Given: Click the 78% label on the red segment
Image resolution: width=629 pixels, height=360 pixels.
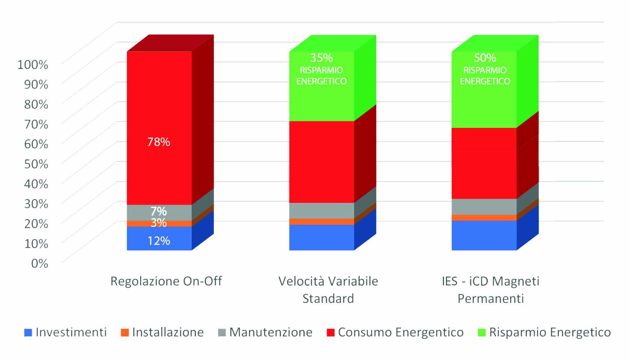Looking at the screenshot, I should [159, 142].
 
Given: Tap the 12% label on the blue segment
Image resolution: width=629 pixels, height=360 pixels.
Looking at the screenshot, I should [159, 241].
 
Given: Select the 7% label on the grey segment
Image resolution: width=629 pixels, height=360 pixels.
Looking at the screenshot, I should [159, 211].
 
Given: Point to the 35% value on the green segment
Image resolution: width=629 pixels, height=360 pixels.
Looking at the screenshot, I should [321, 58].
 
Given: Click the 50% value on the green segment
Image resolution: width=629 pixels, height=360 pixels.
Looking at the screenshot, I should [485, 58].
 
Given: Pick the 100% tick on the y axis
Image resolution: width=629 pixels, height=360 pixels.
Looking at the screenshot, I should [33, 65].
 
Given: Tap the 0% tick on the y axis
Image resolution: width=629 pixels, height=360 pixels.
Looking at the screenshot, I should [40, 263].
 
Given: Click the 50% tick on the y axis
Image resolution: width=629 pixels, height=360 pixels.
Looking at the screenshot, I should [36, 164].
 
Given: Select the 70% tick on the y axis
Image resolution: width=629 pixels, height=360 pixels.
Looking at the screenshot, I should [36, 124].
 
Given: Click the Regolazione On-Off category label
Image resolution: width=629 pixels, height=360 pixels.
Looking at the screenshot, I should [166, 281].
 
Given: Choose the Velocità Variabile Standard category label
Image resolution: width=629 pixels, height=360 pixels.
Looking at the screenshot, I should [328, 290].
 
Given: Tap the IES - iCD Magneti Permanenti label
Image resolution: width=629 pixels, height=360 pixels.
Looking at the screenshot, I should [491, 290].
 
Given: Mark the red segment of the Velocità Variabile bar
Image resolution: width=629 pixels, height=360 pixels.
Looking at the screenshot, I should [321, 162].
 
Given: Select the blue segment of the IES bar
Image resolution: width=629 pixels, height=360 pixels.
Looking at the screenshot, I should [484, 235].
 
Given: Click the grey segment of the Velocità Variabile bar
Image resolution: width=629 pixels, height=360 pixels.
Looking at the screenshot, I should [321, 211].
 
